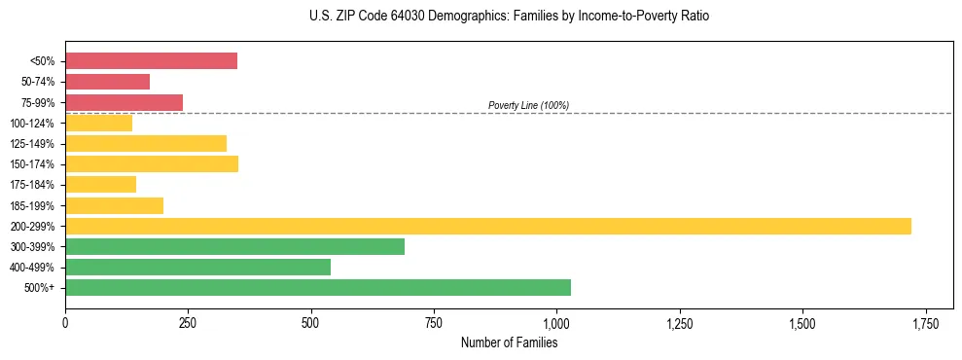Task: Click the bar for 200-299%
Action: (487, 226)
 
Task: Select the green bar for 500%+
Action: (317, 287)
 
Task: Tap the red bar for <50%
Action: (151, 61)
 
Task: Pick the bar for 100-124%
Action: (98, 123)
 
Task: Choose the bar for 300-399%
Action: (234, 246)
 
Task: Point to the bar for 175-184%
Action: (100, 184)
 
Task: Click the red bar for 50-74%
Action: (107, 82)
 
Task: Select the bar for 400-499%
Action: (197, 267)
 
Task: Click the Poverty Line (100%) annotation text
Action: (528, 105)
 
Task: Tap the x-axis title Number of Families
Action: (509, 342)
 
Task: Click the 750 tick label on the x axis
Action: (434, 322)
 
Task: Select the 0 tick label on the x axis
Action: (65, 322)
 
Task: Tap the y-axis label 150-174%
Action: (33, 164)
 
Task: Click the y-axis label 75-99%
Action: (37, 103)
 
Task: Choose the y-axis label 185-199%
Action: (33, 205)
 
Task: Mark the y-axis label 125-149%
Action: (33, 144)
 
